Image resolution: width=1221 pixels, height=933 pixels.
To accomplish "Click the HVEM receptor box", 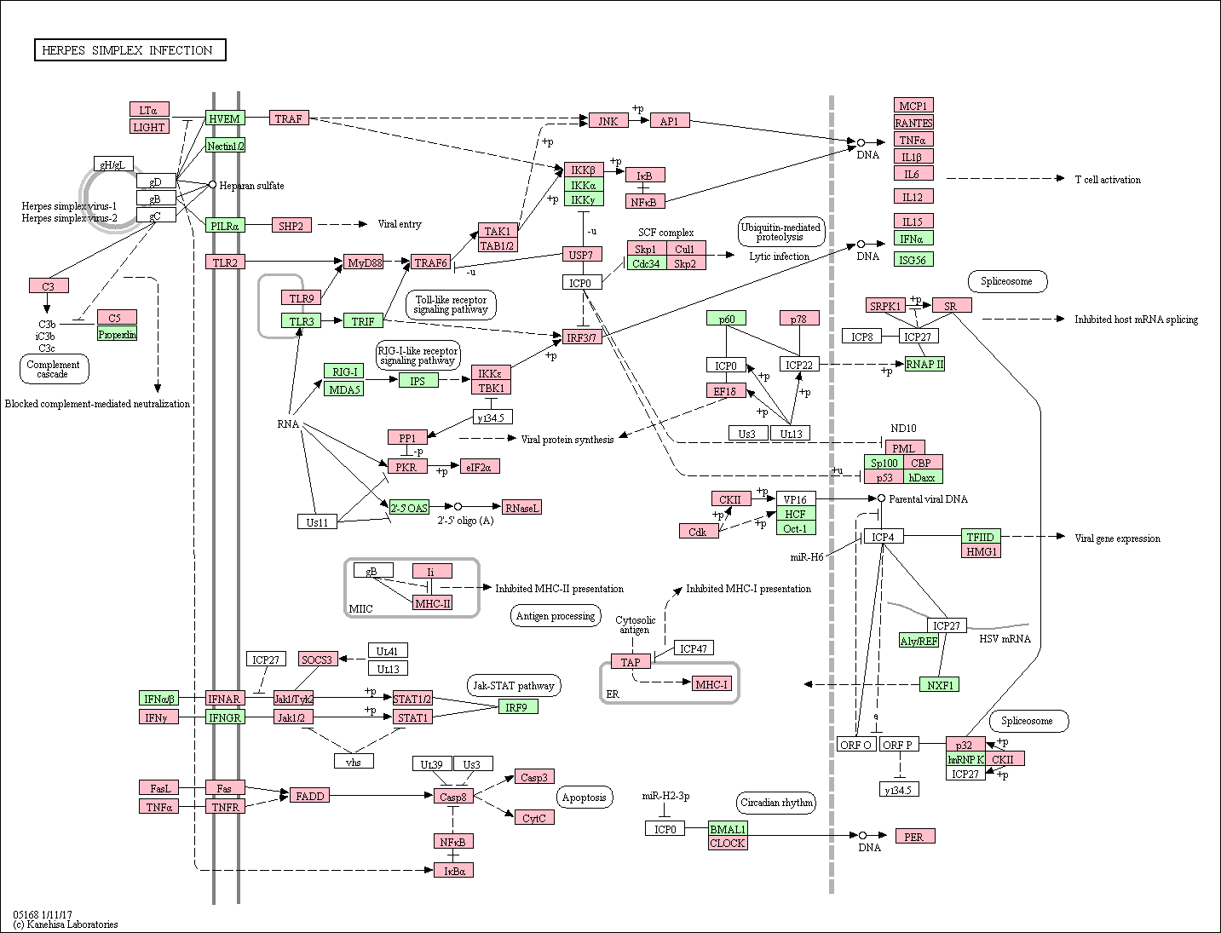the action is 225,118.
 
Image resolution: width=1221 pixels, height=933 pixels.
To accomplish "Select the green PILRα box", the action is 225,226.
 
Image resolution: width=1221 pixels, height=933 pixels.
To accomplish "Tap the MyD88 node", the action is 365,262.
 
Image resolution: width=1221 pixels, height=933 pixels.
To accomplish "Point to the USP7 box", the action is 581,255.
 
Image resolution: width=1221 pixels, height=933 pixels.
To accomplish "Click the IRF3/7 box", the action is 581,337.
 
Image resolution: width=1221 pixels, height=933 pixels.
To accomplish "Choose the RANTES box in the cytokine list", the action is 913,123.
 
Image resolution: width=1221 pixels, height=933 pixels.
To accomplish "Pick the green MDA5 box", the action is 343,389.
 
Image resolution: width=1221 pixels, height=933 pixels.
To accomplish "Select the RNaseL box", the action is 521,507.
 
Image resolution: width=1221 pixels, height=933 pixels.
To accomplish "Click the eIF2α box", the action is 480,467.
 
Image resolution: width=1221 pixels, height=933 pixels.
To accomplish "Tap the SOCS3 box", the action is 318,659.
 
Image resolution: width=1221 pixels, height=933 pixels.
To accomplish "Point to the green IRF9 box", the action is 518,706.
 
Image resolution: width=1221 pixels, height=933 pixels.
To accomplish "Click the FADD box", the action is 309,796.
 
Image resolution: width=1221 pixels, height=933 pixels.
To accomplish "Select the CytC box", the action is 534,818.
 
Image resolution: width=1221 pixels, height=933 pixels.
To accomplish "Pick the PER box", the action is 915,836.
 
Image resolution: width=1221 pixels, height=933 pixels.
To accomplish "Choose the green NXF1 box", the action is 939,684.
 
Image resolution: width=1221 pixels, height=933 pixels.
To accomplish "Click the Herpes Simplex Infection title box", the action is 130,50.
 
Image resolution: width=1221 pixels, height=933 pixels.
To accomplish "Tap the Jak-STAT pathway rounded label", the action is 514,686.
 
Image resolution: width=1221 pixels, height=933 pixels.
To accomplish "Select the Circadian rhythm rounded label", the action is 776,803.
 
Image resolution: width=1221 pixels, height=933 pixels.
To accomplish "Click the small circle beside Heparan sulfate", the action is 212,185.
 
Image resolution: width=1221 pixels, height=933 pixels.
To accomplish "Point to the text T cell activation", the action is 1108,180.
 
